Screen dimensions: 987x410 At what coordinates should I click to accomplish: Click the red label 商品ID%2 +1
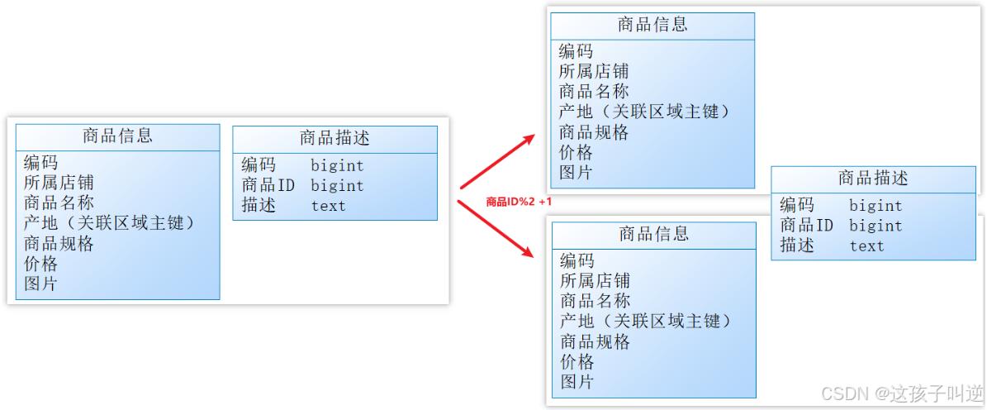[519, 201]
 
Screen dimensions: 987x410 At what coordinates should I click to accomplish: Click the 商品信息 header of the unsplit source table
[117, 136]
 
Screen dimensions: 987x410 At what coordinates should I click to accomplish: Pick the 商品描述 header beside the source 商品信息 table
[335, 138]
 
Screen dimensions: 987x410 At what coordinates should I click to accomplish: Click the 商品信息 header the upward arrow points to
[652, 25]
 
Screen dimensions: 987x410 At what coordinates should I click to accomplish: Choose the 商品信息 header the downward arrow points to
[654, 235]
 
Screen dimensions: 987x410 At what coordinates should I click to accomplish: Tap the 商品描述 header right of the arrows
[873, 178]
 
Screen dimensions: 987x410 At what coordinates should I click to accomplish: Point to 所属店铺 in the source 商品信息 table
[59, 183]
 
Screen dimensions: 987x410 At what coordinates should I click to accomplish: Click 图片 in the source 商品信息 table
[40, 284]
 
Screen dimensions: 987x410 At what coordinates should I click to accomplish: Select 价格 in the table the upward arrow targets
[576, 153]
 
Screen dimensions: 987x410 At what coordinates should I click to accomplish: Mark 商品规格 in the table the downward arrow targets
[595, 342]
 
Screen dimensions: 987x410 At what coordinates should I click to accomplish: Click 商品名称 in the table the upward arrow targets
[594, 92]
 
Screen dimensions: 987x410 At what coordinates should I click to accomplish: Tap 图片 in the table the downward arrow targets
[577, 382]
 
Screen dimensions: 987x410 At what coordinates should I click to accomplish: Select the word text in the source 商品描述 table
[328, 207]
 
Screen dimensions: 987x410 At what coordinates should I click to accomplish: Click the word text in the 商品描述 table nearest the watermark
[866, 246]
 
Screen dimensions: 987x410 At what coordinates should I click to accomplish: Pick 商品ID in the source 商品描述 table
[268, 186]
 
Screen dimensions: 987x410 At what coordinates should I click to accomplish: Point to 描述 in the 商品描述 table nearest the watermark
[797, 246]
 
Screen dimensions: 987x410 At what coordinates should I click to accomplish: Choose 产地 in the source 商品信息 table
[40, 223]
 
